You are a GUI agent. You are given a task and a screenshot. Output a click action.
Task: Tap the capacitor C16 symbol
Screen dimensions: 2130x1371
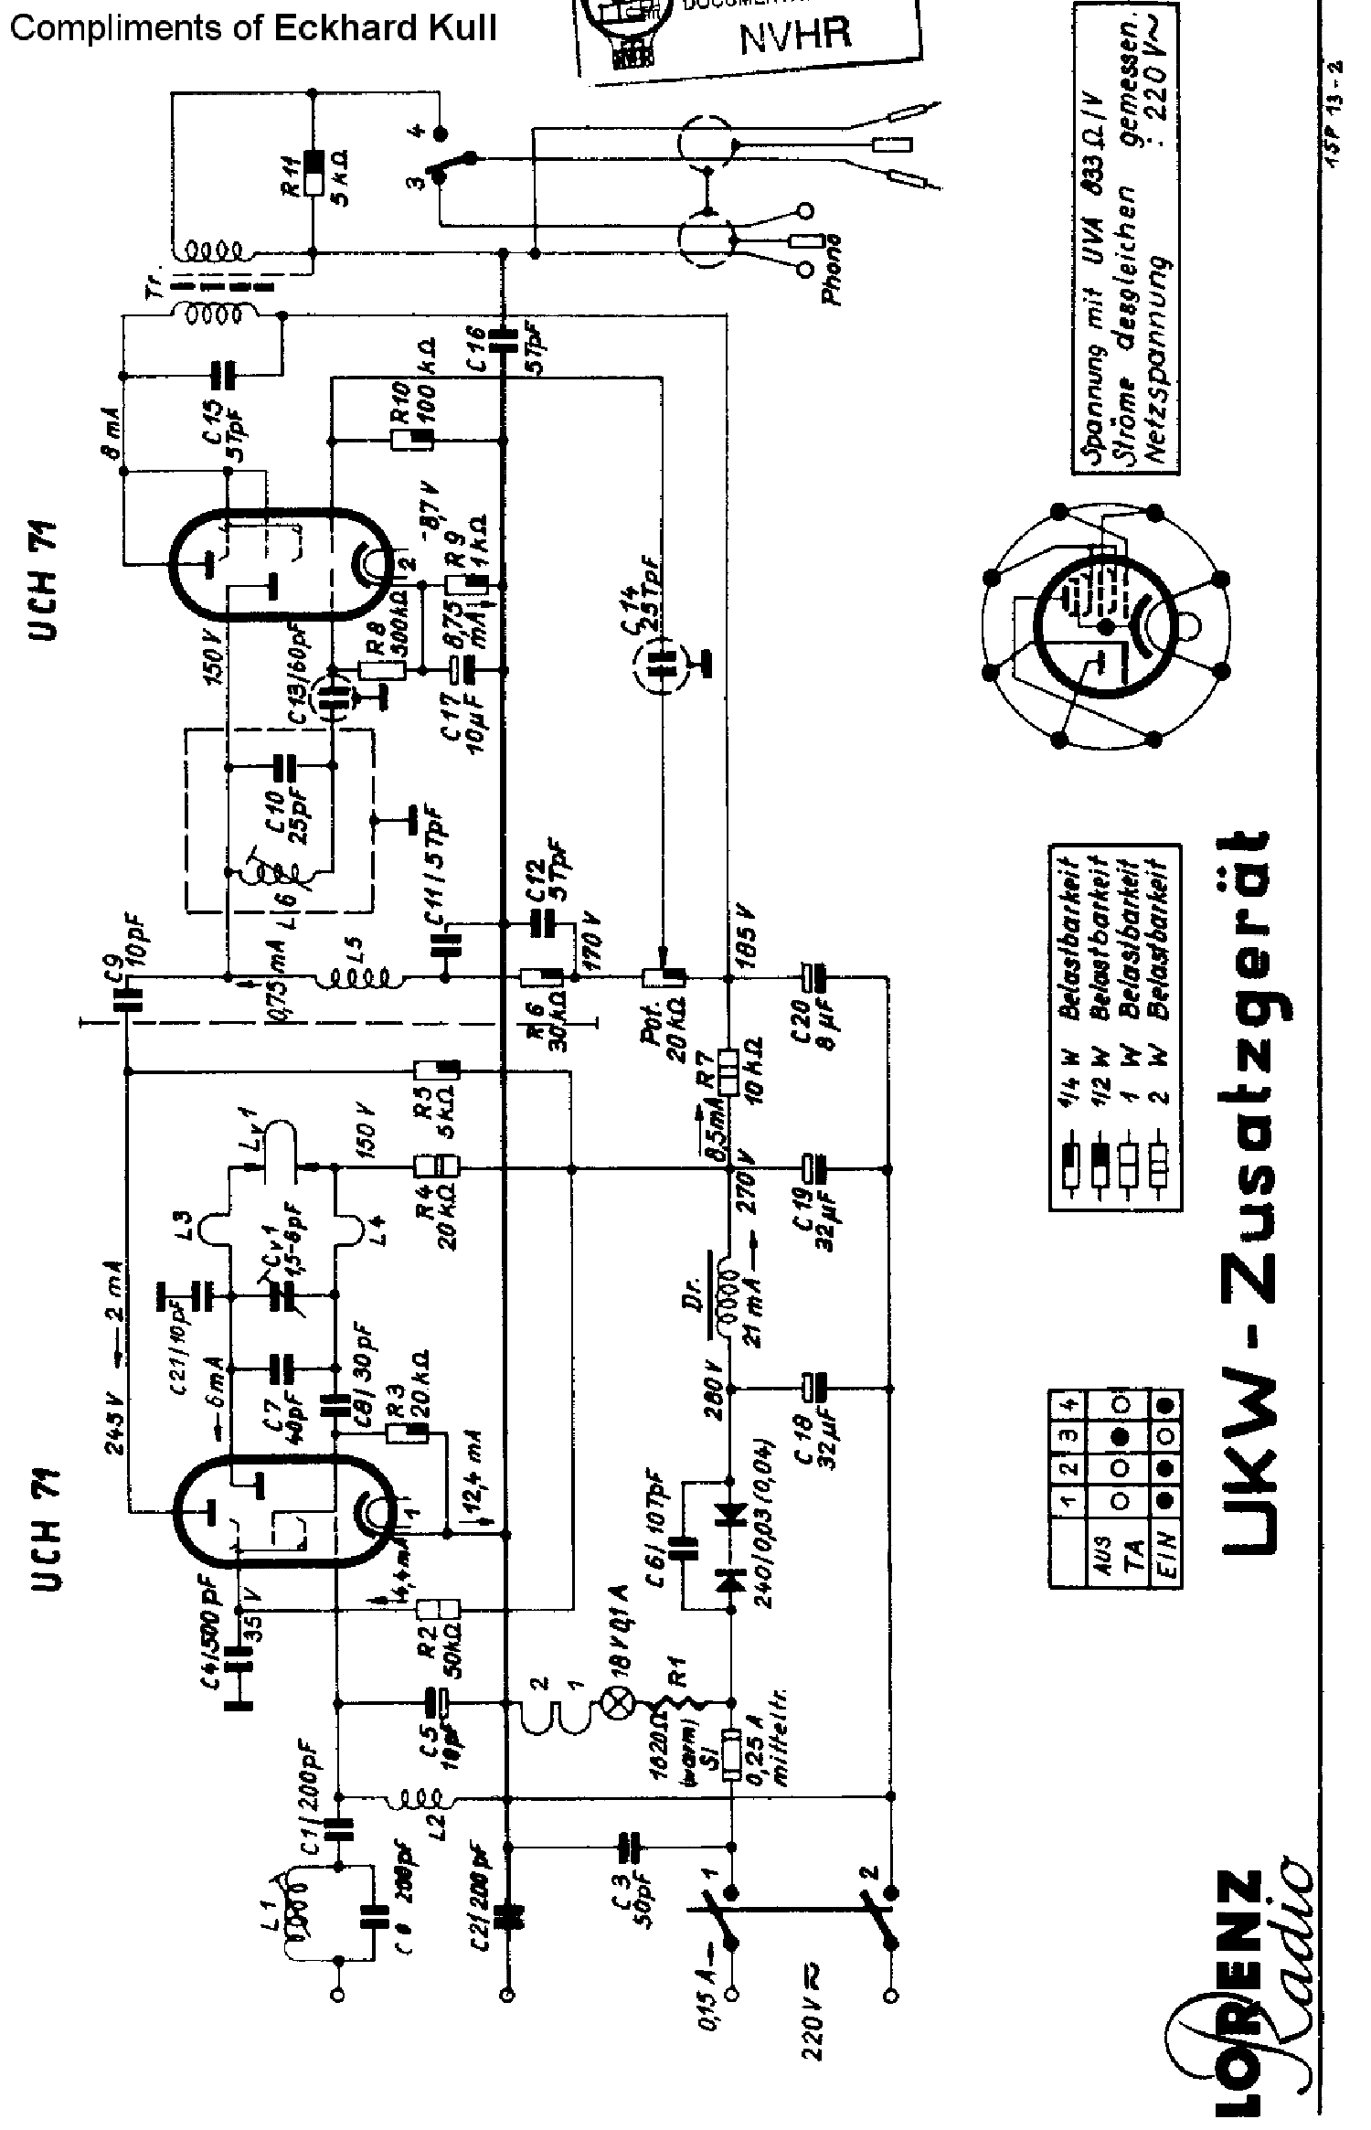coord(502,339)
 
